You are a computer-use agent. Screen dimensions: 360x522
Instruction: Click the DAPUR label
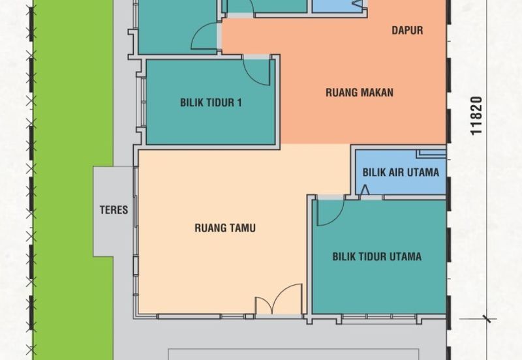tap(407, 30)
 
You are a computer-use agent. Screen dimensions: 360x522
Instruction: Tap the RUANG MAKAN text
tap(359, 93)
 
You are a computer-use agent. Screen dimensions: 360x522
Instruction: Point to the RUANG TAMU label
tap(224, 228)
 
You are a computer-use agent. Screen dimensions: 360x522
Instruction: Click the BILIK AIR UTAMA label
tap(401, 172)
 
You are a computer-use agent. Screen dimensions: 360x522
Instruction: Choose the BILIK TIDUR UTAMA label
tap(376, 256)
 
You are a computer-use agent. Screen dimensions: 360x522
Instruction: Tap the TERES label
tap(114, 210)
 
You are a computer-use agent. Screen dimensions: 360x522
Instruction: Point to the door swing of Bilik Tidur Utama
tap(329, 212)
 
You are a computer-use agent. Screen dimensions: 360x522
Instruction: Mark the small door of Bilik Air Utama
tap(365, 190)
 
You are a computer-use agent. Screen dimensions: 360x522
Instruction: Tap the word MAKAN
tap(378, 93)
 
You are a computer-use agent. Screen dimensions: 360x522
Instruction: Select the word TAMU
tap(242, 228)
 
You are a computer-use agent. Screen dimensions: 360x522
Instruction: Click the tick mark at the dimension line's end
tap(485, 318)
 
